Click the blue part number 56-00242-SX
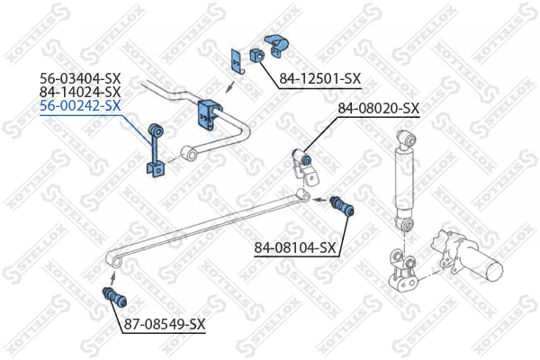pyautogui.click(x=80, y=105)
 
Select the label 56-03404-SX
pyautogui.click(x=80, y=78)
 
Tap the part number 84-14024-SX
pyautogui.click(x=80, y=92)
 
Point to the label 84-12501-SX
pyautogui.click(x=319, y=78)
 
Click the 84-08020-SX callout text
pyautogui.click(x=378, y=109)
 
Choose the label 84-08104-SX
pyautogui.click(x=295, y=247)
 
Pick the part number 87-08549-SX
pyautogui.click(x=165, y=324)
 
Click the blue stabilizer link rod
pyautogui.click(x=155, y=150)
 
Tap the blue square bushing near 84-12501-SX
pyautogui.click(x=256, y=55)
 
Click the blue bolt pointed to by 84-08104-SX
pyautogui.click(x=342, y=206)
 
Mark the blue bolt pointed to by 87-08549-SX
pyautogui.click(x=114, y=297)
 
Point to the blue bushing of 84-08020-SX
pyautogui.click(x=302, y=157)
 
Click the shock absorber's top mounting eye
pyautogui.click(x=407, y=139)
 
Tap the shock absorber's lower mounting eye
pyautogui.click(x=405, y=225)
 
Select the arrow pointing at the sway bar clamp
pyautogui.click(x=230, y=87)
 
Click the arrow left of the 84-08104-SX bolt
pyautogui.click(x=321, y=199)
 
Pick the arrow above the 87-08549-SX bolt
pyautogui.click(x=113, y=276)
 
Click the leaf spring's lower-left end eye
pyautogui.click(x=114, y=260)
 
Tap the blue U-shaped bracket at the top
pyautogui.click(x=277, y=45)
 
